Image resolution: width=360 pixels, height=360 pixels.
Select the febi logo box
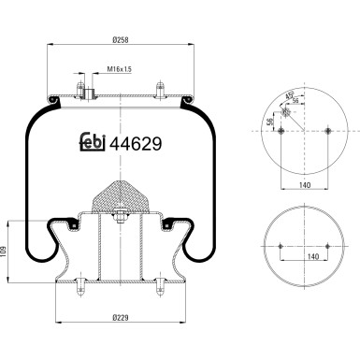[x=91, y=145]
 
